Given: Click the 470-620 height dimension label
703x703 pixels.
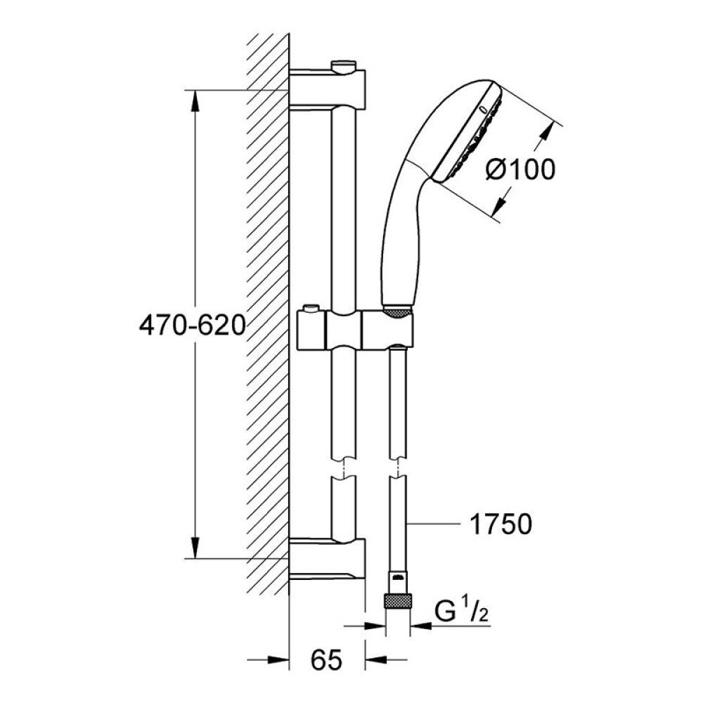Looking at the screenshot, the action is pyautogui.click(x=193, y=325).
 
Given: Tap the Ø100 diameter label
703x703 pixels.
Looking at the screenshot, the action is pyautogui.click(x=520, y=170).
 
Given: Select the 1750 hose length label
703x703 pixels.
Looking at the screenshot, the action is pyautogui.click(x=501, y=524).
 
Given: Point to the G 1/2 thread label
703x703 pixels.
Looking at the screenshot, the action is pyautogui.click(x=461, y=612).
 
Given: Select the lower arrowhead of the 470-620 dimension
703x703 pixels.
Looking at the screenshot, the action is pyautogui.click(x=195, y=548).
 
